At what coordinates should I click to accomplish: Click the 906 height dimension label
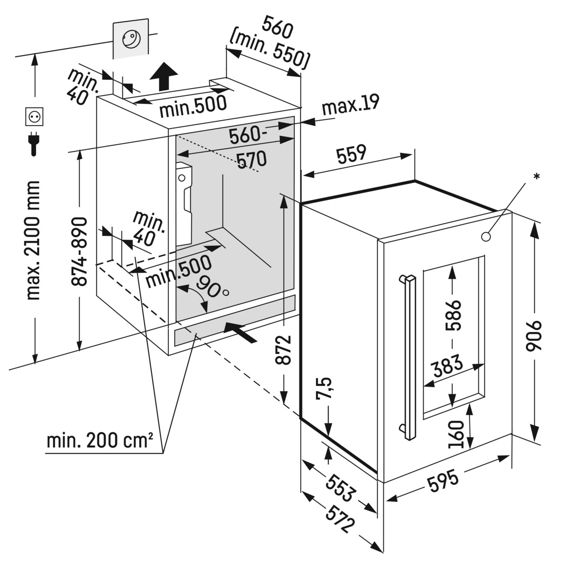click(x=534, y=335)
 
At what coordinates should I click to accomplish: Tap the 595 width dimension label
click(x=443, y=479)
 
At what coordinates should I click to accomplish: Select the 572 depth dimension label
click(x=340, y=519)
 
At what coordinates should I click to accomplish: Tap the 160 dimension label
click(x=455, y=433)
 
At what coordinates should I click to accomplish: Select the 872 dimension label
click(x=283, y=350)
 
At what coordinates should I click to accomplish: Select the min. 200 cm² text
click(x=100, y=441)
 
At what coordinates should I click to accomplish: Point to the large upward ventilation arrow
click(x=164, y=76)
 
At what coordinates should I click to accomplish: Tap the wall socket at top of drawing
click(x=130, y=39)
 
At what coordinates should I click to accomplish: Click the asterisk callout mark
click(x=536, y=177)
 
